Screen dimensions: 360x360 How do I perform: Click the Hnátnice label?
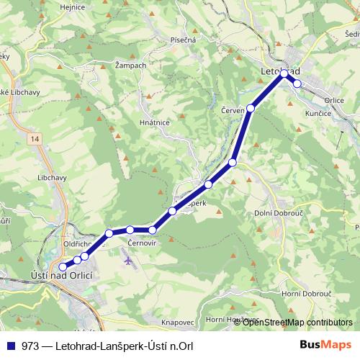pyautogui.click(x=153, y=122)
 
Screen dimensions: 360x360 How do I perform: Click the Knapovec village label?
pyautogui.click(x=179, y=322)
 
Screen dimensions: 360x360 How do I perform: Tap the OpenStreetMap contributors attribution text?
pyautogui.click(x=297, y=322)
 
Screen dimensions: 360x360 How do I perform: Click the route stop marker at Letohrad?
pyautogui.click(x=284, y=73)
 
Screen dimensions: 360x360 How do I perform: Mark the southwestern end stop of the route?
pyautogui.click(x=63, y=267)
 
